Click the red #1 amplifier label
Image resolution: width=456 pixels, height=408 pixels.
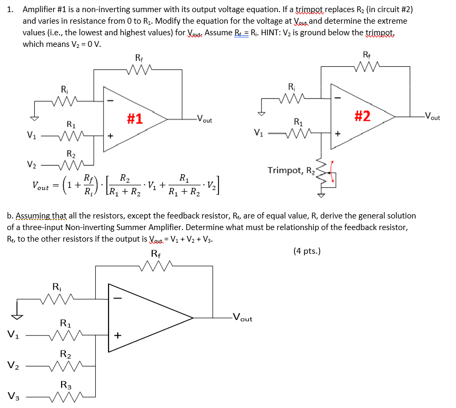(x=135, y=118)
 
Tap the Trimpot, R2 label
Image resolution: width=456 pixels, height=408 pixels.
(x=290, y=171)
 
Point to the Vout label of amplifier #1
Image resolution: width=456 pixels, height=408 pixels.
(x=204, y=120)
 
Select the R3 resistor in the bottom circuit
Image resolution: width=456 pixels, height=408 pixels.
(x=65, y=396)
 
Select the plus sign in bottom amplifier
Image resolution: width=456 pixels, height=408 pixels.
(x=118, y=335)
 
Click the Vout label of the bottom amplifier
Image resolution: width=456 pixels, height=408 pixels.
(x=242, y=318)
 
